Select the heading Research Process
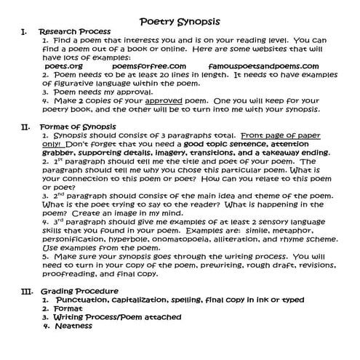(74, 32)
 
